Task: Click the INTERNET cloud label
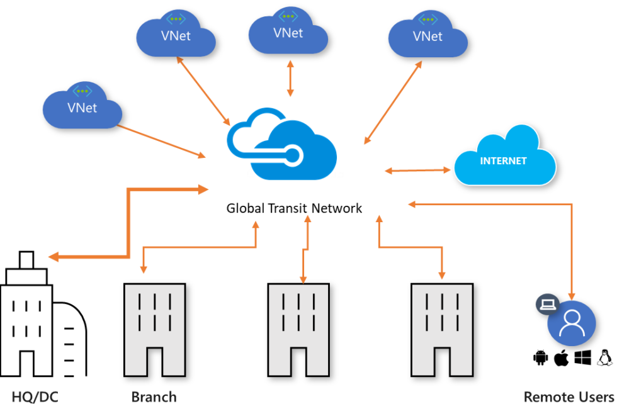[503, 161]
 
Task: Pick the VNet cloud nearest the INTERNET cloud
[427, 36]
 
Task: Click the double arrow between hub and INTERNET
[418, 170]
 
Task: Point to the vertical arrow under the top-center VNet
[290, 79]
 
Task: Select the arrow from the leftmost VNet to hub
[161, 141]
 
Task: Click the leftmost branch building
[154, 329]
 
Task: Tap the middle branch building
[298, 329]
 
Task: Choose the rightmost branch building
[442, 329]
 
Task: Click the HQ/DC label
[35, 397]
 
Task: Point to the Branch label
[154, 397]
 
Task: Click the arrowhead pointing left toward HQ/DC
[54, 257]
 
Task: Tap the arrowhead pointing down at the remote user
[572, 295]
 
